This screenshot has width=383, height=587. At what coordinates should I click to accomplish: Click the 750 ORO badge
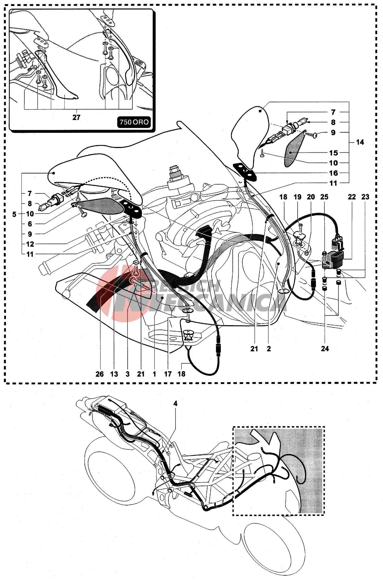click(134, 122)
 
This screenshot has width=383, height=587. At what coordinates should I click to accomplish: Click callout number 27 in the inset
click(76, 118)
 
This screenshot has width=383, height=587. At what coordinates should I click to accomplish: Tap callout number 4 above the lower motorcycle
click(175, 403)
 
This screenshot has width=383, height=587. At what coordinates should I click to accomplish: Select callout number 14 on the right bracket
click(360, 142)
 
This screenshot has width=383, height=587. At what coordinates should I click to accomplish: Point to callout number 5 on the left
click(14, 214)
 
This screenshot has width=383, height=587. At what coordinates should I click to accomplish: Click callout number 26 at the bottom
click(99, 374)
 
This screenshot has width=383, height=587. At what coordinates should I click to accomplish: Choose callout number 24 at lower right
click(325, 349)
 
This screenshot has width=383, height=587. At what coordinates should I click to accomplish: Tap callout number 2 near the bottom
click(269, 349)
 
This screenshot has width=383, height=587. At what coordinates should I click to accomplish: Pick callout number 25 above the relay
click(324, 197)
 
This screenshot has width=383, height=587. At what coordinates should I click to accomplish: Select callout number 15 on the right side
click(333, 153)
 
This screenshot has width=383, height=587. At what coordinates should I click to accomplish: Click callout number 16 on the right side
click(333, 173)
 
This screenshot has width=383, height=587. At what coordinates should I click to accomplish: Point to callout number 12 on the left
click(30, 244)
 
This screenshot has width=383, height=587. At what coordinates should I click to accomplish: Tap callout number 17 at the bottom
click(168, 374)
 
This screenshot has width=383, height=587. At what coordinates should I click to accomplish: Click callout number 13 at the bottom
click(114, 374)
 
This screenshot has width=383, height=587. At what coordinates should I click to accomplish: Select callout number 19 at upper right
click(297, 197)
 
